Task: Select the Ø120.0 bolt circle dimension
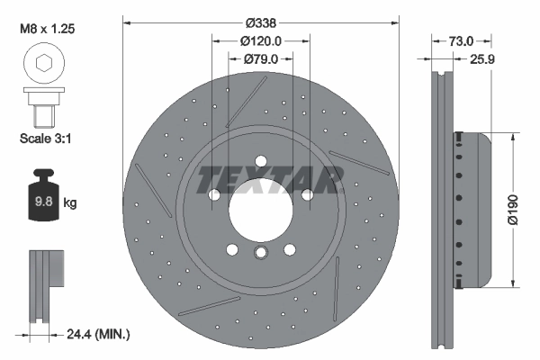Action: (262, 40)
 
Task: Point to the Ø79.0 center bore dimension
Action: (262, 58)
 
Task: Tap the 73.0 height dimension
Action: (461, 40)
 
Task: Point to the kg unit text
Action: (69, 203)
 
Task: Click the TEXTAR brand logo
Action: (269, 178)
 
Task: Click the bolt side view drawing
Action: (41, 107)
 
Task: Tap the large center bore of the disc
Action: (260, 211)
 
